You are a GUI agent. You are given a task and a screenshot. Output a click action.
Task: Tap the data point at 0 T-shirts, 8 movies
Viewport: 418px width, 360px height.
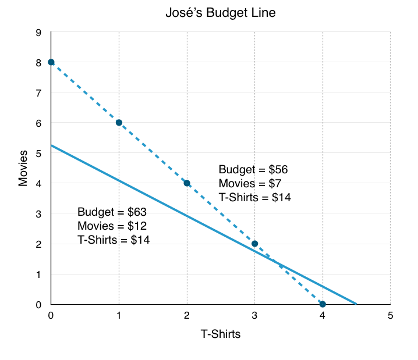[51, 62]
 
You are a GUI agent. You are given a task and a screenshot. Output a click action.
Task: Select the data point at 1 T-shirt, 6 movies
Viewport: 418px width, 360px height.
[119, 123]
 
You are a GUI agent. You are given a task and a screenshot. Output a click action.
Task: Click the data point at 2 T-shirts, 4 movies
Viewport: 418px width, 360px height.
[187, 183]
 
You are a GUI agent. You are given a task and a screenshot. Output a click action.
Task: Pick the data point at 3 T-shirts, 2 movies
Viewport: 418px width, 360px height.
[254, 244]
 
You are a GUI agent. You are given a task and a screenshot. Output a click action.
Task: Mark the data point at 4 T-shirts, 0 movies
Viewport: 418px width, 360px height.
[323, 304]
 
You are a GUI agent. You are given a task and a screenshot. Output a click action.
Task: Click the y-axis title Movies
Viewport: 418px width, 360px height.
[23, 169]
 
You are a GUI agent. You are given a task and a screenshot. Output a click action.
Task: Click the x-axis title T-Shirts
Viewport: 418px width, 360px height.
[221, 334]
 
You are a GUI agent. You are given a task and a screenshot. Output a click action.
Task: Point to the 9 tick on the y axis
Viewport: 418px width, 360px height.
[38, 33]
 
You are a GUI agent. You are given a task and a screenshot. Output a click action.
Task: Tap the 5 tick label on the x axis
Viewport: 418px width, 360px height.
[390, 316]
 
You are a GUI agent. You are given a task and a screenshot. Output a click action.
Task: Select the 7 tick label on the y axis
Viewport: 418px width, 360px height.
[38, 93]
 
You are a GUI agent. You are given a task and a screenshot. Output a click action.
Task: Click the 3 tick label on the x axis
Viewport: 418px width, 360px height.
[254, 316]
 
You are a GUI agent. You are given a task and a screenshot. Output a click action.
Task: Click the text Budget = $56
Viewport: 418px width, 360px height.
[253, 170]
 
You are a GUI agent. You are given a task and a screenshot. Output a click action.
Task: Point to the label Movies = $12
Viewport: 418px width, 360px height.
[112, 225]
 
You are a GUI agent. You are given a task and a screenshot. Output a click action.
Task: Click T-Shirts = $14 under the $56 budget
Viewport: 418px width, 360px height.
[255, 198]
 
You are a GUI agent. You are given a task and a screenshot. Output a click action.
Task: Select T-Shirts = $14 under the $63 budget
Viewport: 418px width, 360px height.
[114, 239]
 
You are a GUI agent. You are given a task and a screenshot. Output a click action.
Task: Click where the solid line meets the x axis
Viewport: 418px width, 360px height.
[356, 304]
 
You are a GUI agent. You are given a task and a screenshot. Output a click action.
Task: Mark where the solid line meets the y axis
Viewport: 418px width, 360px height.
[51, 145]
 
